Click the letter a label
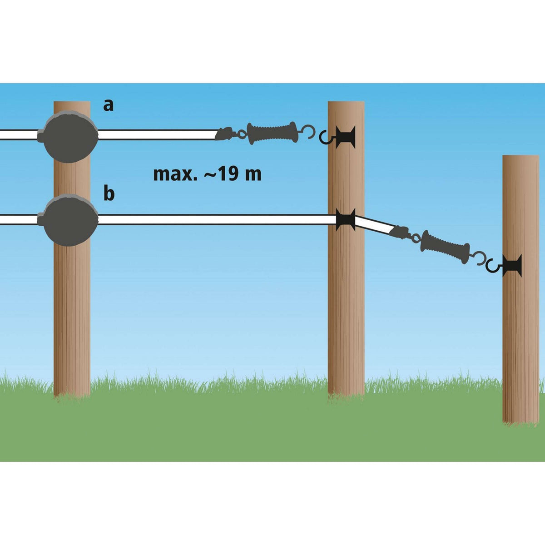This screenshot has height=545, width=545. tap(108, 105)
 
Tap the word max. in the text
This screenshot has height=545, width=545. tap(174, 173)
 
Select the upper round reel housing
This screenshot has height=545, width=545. tap(70, 135)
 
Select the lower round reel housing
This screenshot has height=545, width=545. tap(70, 220)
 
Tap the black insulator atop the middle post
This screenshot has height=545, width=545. tap(347, 136)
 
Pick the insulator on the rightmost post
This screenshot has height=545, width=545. tap(513, 266)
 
